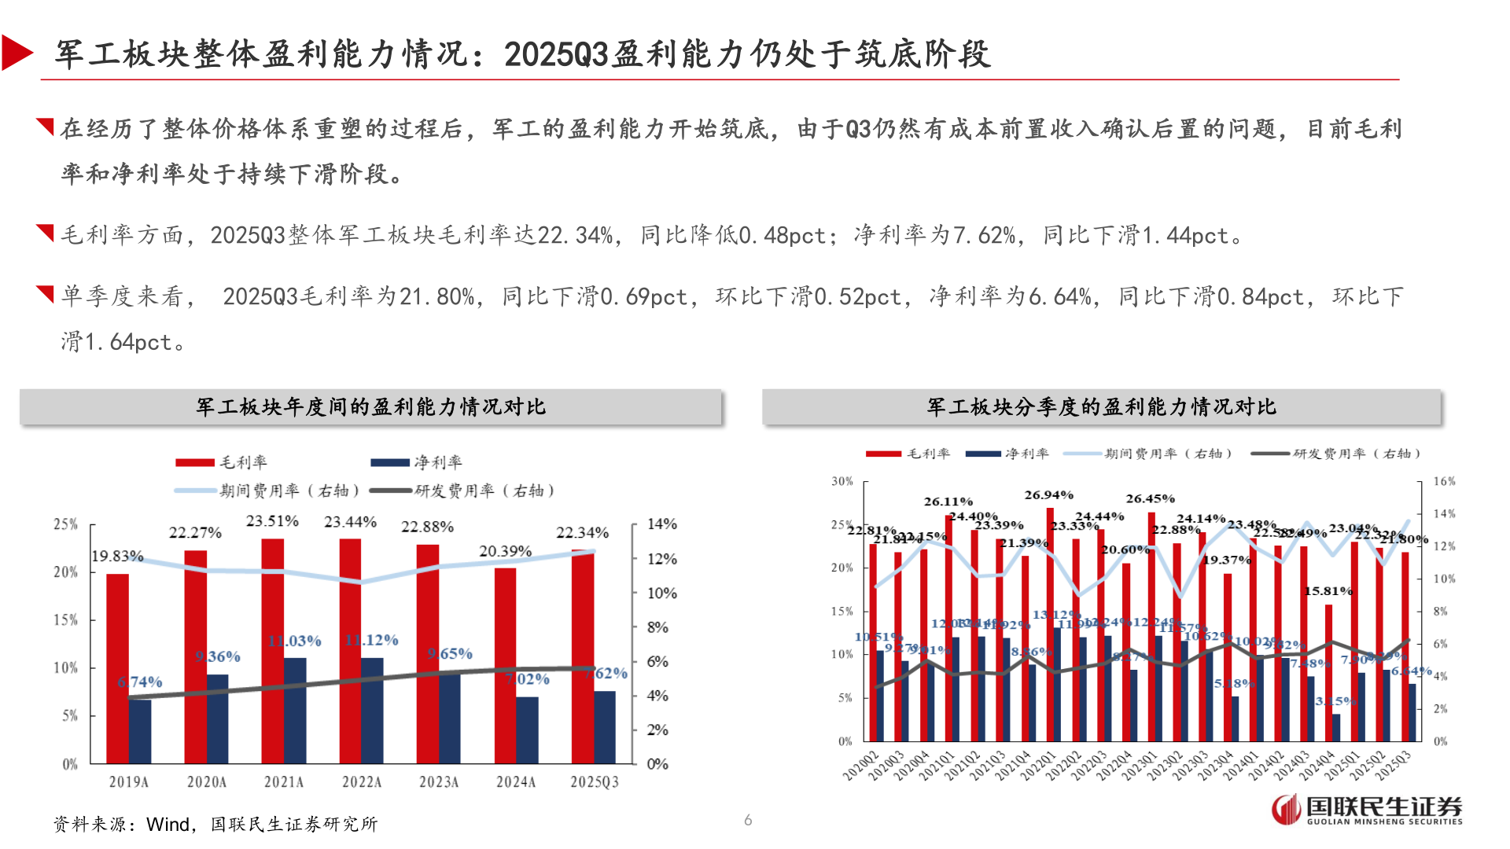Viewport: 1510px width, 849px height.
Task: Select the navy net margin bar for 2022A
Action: coord(373,711)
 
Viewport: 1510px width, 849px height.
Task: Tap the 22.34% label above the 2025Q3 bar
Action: coord(582,533)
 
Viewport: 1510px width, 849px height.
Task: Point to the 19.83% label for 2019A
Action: coord(117,557)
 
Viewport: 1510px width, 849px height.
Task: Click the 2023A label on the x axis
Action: coord(438,782)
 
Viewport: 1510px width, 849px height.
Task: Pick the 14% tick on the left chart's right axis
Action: coord(661,524)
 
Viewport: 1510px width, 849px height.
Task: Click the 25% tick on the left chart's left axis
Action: coord(65,524)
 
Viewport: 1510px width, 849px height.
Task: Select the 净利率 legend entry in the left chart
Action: coord(417,462)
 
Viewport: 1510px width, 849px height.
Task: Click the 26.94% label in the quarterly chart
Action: coord(1048,495)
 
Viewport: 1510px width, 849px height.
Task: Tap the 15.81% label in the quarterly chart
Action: coord(1328,591)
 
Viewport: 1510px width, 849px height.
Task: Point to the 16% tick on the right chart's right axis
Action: coord(1444,481)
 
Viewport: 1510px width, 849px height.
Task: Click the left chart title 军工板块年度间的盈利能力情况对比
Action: coord(370,407)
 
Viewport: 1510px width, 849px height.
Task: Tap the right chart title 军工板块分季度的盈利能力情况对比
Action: coord(1101,407)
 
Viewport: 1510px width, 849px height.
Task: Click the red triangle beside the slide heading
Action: coord(17,53)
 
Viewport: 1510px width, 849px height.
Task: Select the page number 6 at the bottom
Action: coord(748,820)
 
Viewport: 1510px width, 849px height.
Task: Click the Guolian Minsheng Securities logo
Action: coord(1367,810)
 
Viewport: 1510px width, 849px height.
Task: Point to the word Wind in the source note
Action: coord(168,825)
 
